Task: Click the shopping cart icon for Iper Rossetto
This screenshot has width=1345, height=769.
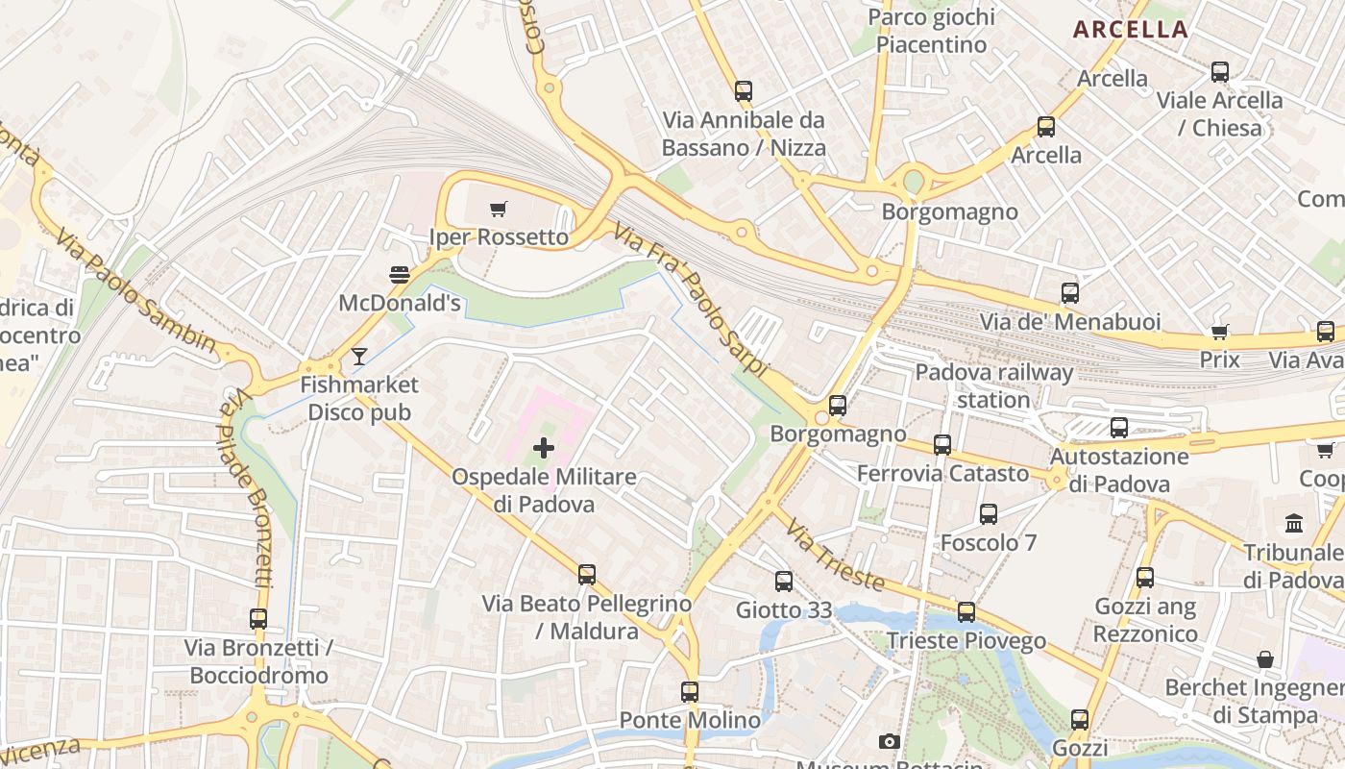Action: (498, 209)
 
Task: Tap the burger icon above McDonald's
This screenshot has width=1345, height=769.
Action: (400, 275)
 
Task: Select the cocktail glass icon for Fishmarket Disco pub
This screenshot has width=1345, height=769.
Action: (359, 357)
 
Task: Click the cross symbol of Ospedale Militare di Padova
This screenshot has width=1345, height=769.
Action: (544, 447)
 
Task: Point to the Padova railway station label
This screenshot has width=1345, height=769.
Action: (993, 385)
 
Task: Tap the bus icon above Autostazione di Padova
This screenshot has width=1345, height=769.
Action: (1119, 428)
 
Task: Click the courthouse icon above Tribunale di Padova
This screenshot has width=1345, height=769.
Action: (1294, 524)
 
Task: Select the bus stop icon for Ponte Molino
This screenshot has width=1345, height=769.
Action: (690, 691)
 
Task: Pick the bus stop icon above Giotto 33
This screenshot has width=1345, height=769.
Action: (784, 582)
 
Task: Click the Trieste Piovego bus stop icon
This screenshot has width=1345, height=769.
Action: (966, 612)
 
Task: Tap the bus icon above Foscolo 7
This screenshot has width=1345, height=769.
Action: (989, 514)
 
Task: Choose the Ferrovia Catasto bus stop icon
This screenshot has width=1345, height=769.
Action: (942, 445)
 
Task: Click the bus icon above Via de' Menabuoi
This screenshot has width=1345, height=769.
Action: (1070, 293)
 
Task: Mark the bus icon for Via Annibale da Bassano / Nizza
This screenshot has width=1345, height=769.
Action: (744, 91)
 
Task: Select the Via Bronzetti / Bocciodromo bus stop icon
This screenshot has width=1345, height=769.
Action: (258, 619)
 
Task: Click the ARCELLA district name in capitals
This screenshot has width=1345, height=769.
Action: (1131, 29)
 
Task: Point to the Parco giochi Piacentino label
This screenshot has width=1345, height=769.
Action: (931, 31)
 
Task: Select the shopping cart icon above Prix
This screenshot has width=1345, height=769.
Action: (1219, 332)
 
